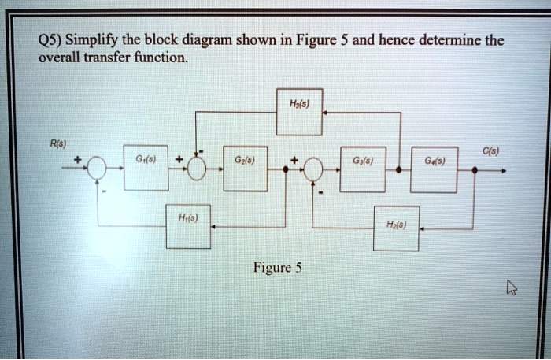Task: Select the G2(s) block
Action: pyautogui.click(x=245, y=168)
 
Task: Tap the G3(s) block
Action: pyautogui.click(x=362, y=168)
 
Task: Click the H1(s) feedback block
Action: pyautogui.click(x=187, y=228)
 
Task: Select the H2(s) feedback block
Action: pyautogui.click(x=397, y=228)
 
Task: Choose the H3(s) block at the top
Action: pyautogui.click(x=300, y=112)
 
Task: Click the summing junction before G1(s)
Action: pyautogui.click(x=97, y=169)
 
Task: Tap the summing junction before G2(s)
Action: pyautogui.click(x=195, y=169)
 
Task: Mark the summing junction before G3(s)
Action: pyautogui.click(x=313, y=169)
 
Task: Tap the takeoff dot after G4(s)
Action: pyautogui.click(x=472, y=169)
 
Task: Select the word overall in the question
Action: pyautogui.click(x=61, y=58)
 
